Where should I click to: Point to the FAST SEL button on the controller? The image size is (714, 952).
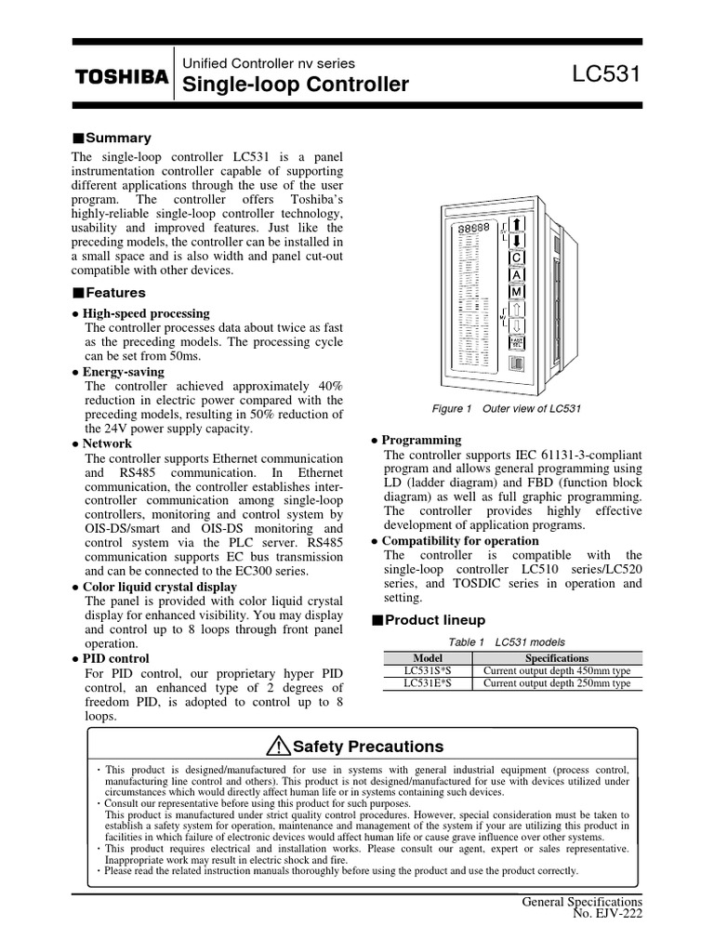(516, 342)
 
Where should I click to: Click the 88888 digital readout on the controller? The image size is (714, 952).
(473, 228)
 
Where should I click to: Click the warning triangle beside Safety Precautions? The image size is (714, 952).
(278, 747)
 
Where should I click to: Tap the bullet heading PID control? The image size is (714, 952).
(120, 657)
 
